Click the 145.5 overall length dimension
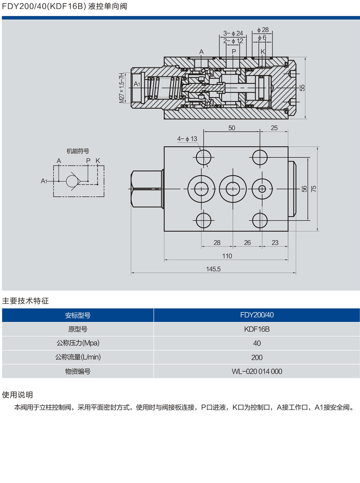click(x=213, y=269)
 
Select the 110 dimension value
click(x=227, y=256)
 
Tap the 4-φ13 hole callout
click(x=187, y=139)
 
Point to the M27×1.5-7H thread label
click(x=122, y=88)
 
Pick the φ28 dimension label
click(x=263, y=30)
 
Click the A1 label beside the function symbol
click(x=44, y=181)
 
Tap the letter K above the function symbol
click(x=98, y=161)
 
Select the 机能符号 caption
click(x=78, y=151)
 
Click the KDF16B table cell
click(x=257, y=329)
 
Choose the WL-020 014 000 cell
click(x=257, y=371)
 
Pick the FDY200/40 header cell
click(x=257, y=315)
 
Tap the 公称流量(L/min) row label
click(x=78, y=357)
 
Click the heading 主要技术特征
click(x=25, y=301)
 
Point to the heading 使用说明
click(x=17, y=395)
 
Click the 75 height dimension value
click(x=314, y=189)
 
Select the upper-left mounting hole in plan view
click(x=204, y=158)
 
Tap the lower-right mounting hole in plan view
click(x=260, y=220)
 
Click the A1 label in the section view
click(x=137, y=84)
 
